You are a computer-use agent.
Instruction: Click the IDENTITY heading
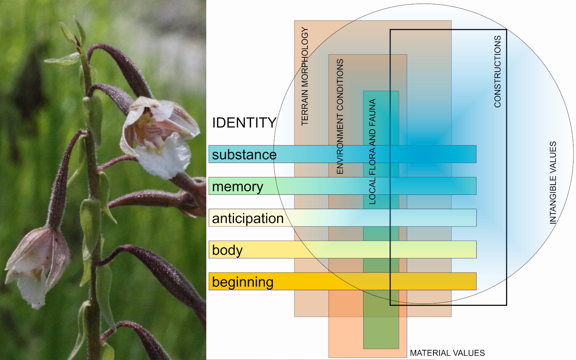244,123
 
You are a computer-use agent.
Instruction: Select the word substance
244,155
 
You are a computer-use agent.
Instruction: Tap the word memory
238,186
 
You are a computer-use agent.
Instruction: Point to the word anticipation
248,219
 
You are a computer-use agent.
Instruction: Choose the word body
227,250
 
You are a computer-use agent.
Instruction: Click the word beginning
243,282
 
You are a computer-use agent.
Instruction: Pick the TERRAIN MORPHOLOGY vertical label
305,76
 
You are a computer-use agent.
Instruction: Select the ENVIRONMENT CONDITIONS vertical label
340,116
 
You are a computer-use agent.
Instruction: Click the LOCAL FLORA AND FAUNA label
372,152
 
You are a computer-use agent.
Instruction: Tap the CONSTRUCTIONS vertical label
498,71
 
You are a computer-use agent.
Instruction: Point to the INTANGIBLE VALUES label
553,183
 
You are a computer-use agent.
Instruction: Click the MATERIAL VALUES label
447,353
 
